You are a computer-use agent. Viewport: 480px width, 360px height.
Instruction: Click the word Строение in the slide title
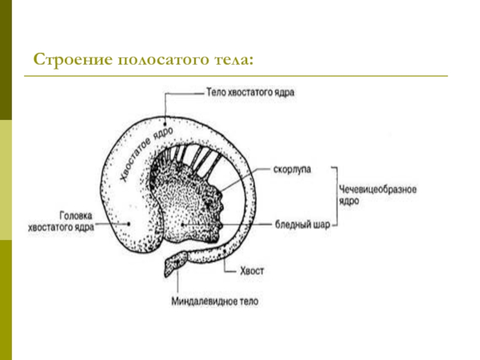73,59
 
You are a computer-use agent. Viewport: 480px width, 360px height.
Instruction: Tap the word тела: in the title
233,59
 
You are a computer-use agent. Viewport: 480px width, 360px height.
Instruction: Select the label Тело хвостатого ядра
250,92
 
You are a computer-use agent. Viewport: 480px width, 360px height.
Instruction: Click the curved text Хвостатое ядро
146,153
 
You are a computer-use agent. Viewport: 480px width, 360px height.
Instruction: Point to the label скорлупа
292,170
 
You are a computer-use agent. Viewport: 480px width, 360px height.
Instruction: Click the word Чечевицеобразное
377,190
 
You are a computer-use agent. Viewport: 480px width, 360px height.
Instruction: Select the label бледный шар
302,224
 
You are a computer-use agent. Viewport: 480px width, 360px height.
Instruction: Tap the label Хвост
251,271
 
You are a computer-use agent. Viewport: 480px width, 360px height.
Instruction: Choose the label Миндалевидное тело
215,302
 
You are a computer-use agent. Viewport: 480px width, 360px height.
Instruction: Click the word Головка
76,216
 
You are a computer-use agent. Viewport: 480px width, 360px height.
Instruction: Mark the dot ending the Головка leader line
128,224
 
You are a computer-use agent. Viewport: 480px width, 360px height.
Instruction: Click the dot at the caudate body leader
165,124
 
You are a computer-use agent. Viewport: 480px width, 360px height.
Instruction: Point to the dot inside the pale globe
182,224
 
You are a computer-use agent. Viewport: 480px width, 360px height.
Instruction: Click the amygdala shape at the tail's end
176,263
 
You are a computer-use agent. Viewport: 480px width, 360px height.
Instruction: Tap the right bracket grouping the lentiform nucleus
337,196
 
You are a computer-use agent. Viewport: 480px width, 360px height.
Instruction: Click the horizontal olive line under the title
236,76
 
